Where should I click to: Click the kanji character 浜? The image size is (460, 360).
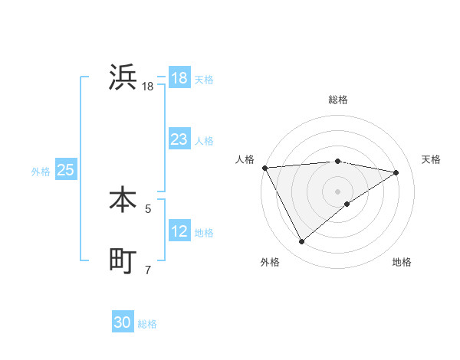coord(123,78)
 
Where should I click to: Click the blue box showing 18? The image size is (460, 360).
coord(179,78)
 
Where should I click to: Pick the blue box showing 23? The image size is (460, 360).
coord(179,139)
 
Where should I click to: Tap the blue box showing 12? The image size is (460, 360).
coord(179,231)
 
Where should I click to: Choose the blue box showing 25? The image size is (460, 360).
coord(65,170)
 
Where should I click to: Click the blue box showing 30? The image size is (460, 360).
coord(123,322)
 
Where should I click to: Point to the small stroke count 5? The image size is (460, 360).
coord(148,208)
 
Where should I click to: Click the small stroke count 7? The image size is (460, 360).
coord(148,269)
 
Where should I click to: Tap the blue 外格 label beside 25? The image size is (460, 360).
coord(41,172)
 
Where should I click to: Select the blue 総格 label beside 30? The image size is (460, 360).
coord(147,324)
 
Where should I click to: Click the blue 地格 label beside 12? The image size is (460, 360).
coord(204,233)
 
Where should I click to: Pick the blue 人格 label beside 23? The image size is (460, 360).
coord(204,141)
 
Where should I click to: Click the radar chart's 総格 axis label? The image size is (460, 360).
coord(338,100)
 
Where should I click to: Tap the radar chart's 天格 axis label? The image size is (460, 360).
coord(432,159)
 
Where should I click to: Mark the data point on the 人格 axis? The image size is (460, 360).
coord(264,168)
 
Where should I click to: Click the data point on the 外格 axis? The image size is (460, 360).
coord(301,242)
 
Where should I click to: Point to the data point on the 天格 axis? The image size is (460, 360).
coord(396,172)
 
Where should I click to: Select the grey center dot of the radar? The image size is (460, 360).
coord(337,191)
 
